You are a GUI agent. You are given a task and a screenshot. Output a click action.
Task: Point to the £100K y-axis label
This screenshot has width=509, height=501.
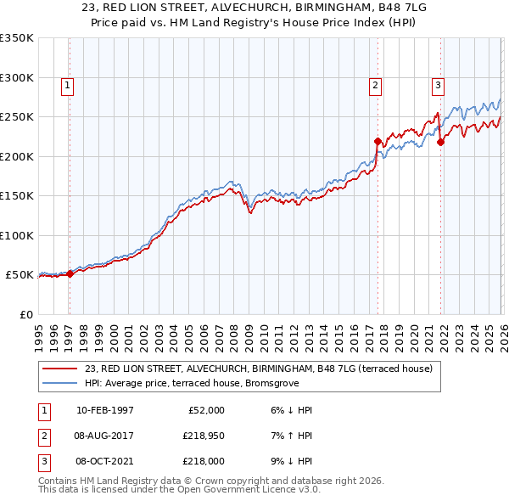(x=17, y=235)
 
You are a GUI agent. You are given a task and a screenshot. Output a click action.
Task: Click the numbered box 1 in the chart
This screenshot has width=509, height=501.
(x=66, y=85)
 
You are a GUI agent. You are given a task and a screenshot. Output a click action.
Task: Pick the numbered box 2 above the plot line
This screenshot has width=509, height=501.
(x=374, y=85)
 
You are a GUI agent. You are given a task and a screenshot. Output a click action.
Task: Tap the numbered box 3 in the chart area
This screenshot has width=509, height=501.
(x=438, y=85)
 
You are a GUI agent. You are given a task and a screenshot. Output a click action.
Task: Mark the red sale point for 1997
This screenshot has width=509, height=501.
(x=70, y=273)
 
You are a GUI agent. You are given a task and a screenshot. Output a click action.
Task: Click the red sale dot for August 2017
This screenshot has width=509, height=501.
(x=378, y=141)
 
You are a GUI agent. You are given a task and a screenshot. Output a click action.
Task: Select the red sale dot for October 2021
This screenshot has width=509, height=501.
(x=440, y=142)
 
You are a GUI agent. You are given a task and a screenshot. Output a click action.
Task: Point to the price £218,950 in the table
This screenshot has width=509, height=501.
(x=202, y=436)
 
